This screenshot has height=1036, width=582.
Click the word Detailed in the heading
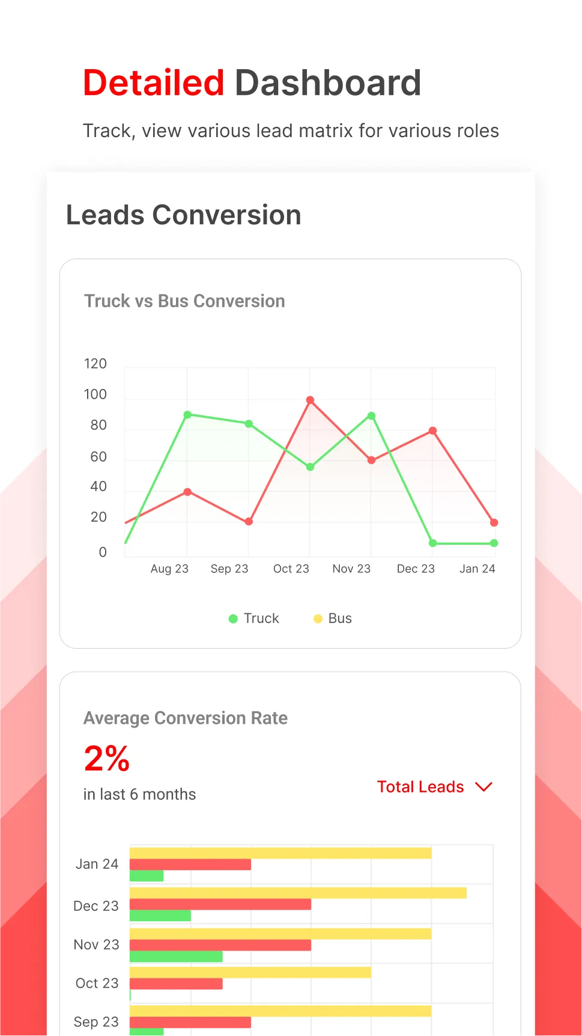click(154, 83)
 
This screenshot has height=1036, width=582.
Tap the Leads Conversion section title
click(183, 215)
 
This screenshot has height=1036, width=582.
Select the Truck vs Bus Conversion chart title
click(184, 301)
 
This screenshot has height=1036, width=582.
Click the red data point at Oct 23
click(310, 400)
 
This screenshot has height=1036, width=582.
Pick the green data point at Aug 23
click(187, 415)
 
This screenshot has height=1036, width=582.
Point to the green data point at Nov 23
click(371, 416)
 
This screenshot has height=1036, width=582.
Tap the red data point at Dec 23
click(432, 431)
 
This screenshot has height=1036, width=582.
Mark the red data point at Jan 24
click(494, 523)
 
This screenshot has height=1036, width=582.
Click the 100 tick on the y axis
click(95, 394)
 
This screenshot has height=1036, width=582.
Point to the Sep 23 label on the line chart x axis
click(229, 569)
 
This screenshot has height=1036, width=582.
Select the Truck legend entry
click(254, 619)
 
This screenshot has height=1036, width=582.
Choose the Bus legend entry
click(333, 619)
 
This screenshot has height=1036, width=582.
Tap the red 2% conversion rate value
click(107, 758)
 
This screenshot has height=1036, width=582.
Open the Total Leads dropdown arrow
click(483, 787)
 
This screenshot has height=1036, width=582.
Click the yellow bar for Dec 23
click(298, 893)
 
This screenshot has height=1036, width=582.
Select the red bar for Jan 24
click(190, 865)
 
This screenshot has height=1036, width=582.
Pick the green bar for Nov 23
click(176, 957)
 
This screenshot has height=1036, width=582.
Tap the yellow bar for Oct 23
click(250, 972)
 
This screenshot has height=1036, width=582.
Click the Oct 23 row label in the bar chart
click(97, 983)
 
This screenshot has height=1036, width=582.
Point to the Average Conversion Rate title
click(186, 719)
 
